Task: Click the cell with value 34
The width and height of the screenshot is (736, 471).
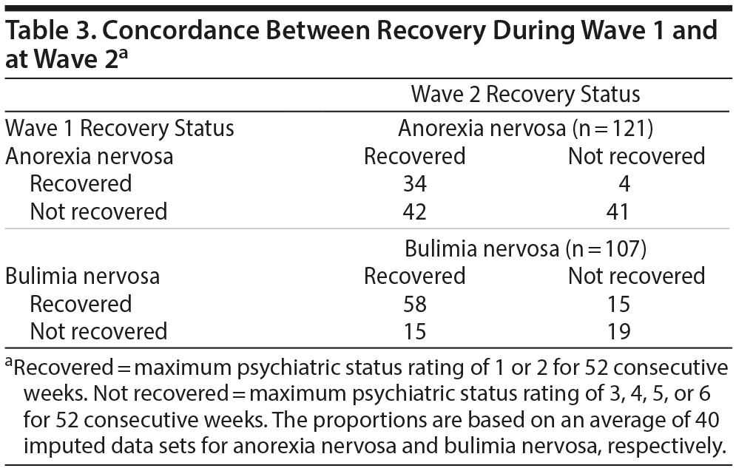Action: coord(415,183)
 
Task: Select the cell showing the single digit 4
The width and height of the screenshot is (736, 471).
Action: coord(624,183)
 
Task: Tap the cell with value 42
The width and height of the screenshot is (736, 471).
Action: coord(415,211)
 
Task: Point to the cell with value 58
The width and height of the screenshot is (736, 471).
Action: coord(415,304)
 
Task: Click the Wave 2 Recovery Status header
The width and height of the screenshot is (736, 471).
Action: coord(525,95)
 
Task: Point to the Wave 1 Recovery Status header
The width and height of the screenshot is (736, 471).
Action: coord(120,128)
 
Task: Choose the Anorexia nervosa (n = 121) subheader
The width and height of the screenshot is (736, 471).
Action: coord(525,128)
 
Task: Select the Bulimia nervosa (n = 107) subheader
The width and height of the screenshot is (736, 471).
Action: coord(525,248)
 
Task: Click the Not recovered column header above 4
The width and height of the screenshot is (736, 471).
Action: coord(636,156)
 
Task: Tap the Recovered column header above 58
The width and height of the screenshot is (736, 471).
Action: coord(415,276)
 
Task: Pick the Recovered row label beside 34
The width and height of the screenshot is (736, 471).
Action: coord(81,183)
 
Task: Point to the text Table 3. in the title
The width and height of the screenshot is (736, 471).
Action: coord(47,31)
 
